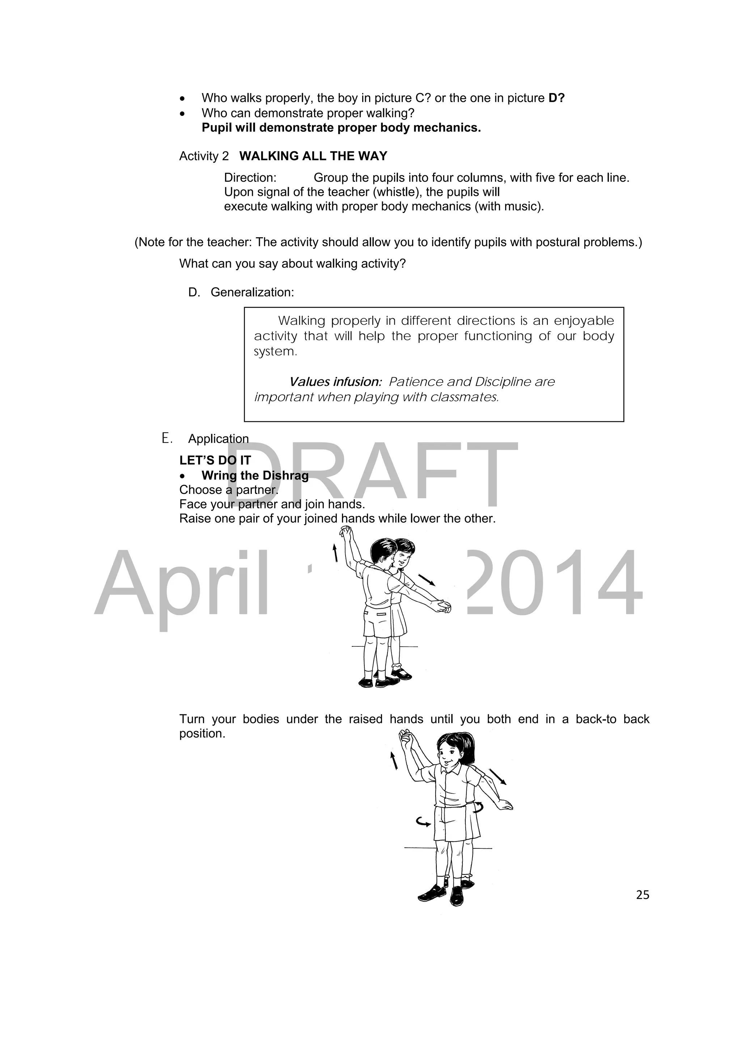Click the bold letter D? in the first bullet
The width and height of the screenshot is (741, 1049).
pos(556,98)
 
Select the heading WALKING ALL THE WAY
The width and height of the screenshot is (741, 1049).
pos(313,156)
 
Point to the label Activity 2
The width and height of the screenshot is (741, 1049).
pos(204,156)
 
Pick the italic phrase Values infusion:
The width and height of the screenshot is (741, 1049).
pos(335,382)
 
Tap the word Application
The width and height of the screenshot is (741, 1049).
pos(218,439)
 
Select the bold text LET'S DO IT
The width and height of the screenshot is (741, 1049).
pos(215,460)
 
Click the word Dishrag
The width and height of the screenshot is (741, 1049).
pos(285,475)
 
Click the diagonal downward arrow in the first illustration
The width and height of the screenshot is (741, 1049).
pos(427,580)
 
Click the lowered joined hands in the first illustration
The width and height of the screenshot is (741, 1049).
pos(441,607)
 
